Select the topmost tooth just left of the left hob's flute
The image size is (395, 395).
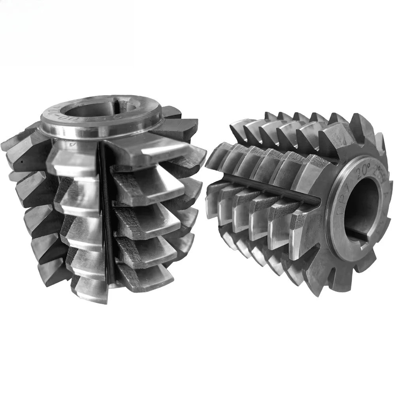(75, 158)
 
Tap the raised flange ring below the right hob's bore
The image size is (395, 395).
(355, 253)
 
